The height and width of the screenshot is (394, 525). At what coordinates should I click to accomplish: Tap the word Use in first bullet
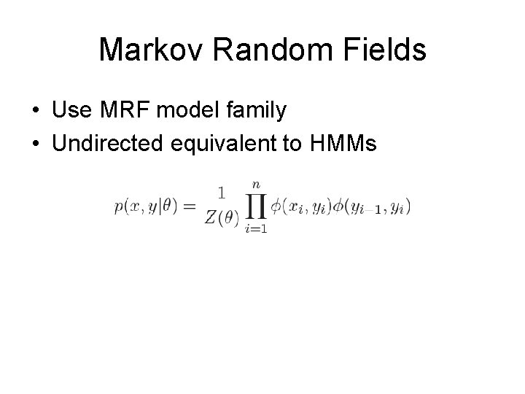[x=70, y=112]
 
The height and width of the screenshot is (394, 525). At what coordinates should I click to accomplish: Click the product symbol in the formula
[x=255, y=208]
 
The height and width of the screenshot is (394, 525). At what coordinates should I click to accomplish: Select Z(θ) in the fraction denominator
[x=221, y=220]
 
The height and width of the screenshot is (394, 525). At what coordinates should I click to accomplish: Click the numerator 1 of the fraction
[x=221, y=193]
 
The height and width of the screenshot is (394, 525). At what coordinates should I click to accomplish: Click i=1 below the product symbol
[x=255, y=229]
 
